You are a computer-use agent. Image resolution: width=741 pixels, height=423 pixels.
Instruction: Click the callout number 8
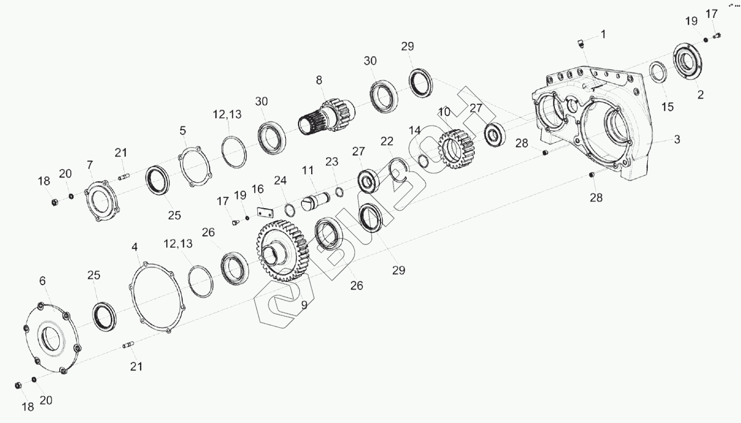319,80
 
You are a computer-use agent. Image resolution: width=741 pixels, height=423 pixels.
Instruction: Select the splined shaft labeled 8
326,116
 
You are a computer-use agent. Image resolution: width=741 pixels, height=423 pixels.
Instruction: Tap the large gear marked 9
283,251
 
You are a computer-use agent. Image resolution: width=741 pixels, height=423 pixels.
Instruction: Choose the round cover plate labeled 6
53,338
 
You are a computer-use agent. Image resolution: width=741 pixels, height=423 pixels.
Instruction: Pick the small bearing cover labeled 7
101,201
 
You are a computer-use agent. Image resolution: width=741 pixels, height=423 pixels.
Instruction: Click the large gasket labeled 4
157,297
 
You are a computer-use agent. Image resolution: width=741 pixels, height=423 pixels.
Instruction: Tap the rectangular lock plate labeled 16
265,213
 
